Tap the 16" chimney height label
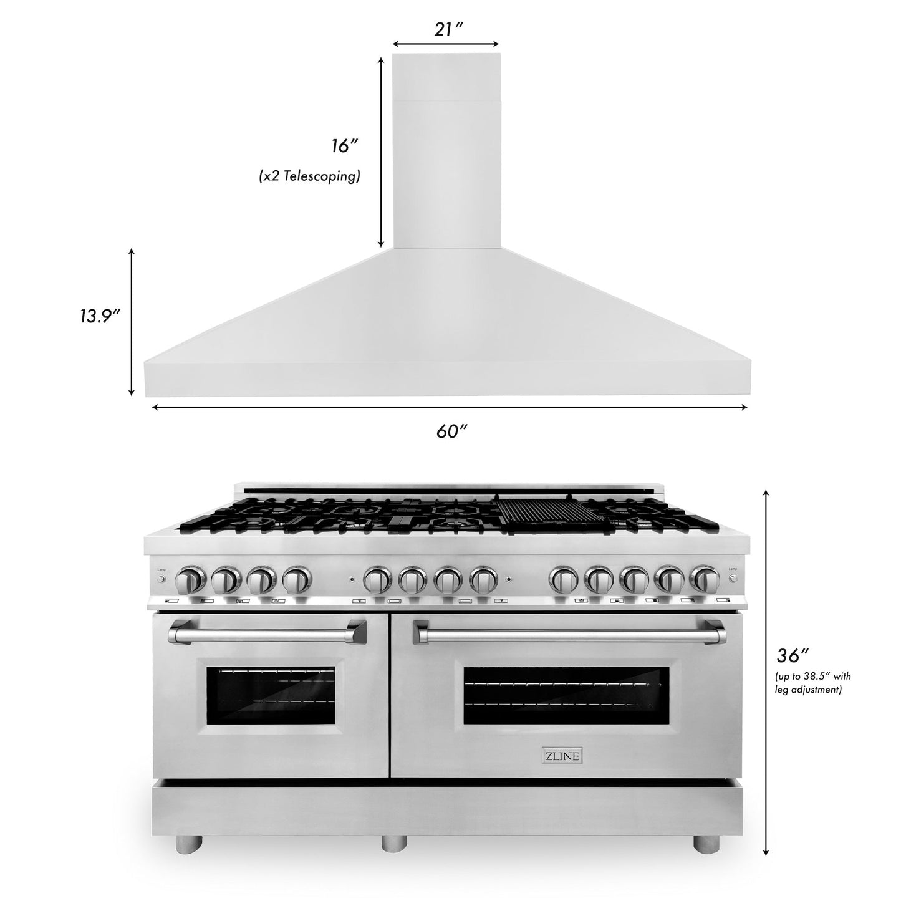344,147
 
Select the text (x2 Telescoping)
310,176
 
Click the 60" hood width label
452,431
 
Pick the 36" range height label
793,656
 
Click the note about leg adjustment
812,683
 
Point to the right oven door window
566,695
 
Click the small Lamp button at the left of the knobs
161,579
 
